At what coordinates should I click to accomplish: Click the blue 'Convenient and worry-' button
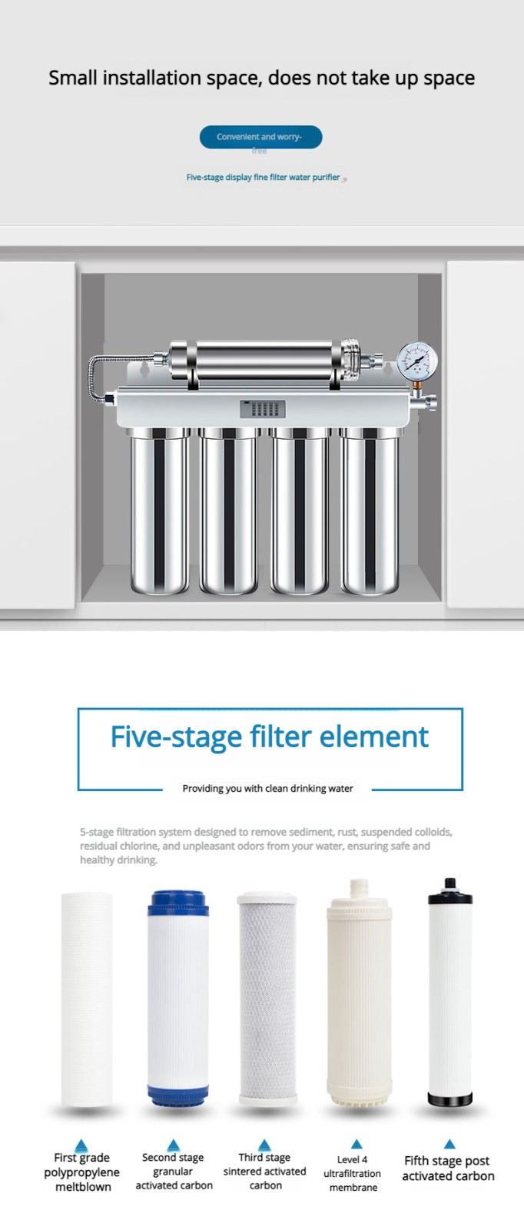tap(260, 137)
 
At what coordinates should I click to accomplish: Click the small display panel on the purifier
tap(263, 409)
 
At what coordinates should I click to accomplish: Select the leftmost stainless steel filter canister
tap(159, 512)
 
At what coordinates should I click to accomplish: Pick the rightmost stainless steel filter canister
tap(370, 512)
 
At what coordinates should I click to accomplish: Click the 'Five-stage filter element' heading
tap(269, 736)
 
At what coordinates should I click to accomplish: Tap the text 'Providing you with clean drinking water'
tap(267, 788)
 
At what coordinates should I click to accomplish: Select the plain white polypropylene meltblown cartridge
tap(87, 999)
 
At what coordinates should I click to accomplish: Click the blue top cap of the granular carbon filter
tap(178, 902)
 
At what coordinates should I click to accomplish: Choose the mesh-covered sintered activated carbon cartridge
tap(267, 999)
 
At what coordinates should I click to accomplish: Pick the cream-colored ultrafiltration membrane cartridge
tap(359, 999)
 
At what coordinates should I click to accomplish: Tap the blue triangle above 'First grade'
tap(81, 1145)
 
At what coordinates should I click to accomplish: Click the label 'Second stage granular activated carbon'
tap(174, 1171)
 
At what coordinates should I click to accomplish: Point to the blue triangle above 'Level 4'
tap(357, 1144)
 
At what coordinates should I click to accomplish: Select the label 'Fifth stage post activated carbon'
tap(448, 1168)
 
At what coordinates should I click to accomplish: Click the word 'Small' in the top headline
tap(73, 78)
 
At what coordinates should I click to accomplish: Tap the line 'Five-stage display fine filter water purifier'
tap(263, 177)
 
